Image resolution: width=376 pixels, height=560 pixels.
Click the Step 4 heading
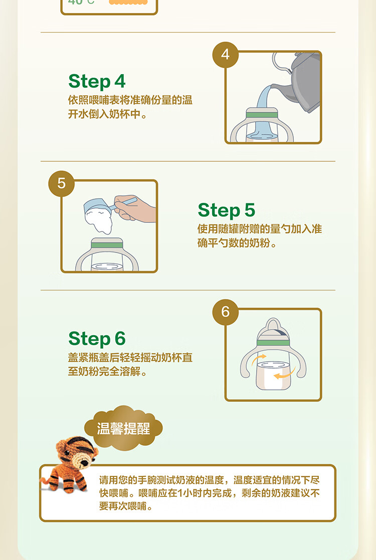[x=97, y=82]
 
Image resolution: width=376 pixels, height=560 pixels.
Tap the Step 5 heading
[x=226, y=210]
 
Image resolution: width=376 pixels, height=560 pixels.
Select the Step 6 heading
[x=97, y=339]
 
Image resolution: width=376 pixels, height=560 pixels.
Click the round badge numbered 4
[x=226, y=55]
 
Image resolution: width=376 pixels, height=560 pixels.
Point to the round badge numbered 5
[x=62, y=183]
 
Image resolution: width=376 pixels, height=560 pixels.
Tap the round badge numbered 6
[x=226, y=312]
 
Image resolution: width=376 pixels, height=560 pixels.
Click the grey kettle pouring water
[x=300, y=82]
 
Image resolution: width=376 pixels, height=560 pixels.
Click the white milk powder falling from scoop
[x=99, y=221]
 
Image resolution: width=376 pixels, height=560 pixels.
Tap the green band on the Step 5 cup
[x=107, y=244]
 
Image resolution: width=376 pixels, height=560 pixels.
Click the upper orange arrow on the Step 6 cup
[x=258, y=359]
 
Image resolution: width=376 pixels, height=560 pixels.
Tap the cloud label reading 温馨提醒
[x=123, y=428]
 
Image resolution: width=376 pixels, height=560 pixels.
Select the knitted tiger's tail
[x=46, y=480]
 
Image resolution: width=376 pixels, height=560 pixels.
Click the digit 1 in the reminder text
[x=180, y=493]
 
